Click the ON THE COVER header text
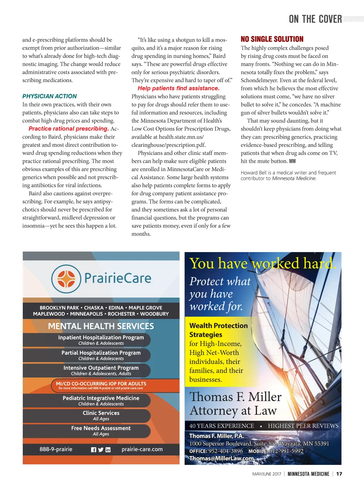tap(315, 19)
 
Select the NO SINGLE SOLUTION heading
tap(272, 39)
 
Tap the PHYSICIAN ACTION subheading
tap(49, 96)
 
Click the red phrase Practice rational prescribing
tap(68, 129)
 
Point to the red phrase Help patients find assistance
tap(178, 88)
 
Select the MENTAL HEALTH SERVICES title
tap(101, 326)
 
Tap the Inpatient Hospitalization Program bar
tap(101, 339)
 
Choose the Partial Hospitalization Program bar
tap(101, 355)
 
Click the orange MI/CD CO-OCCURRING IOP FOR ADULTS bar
tap(101, 385)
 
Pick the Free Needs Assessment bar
tap(101, 430)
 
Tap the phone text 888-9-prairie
tap(56, 449)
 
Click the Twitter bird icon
tap(101, 450)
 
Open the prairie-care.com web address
tap(142, 449)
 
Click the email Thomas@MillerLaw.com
tap(221, 458)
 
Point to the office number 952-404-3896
tap(225, 451)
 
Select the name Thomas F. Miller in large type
tap(235, 397)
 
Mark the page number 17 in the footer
tap(339, 474)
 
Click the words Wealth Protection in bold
tap(219, 326)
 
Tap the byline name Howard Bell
tap(253, 173)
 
